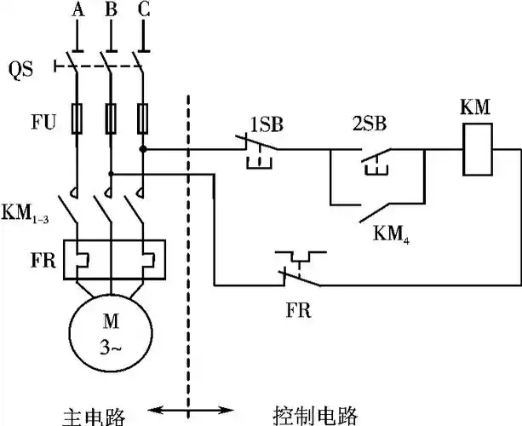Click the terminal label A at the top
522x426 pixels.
click(x=78, y=10)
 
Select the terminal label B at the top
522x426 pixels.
click(x=111, y=10)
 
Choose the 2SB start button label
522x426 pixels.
click(x=369, y=124)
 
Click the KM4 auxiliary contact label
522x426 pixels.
click(x=391, y=231)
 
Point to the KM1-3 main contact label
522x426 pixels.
click(x=27, y=211)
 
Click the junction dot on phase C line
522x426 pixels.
click(x=143, y=148)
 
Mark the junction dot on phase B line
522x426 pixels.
click(x=111, y=174)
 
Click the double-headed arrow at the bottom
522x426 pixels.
click(x=186, y=412)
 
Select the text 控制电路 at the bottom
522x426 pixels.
click(x=316, y=415)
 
